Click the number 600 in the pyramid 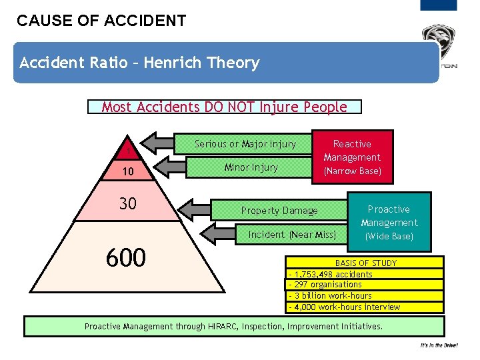126,256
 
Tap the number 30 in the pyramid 127,203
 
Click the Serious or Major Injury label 245,144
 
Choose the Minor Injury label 251,167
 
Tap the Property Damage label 279,211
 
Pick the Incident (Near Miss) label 292,234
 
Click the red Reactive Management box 352,157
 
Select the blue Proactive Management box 389,222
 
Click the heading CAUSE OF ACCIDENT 101,21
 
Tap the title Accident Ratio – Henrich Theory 139,63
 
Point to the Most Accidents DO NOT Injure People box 224,107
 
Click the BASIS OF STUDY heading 365,263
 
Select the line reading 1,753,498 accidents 331,273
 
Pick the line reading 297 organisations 325,285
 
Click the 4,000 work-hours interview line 344,307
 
